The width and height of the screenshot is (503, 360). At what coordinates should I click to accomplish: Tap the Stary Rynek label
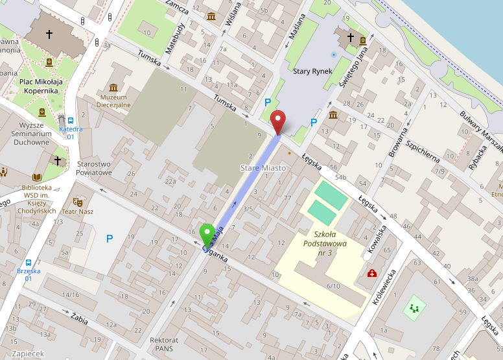coord(312,71)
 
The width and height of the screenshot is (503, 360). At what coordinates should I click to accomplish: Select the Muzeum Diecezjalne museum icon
coord(113,88)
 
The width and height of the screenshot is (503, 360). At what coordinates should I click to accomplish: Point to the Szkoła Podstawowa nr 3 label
coord(329,243)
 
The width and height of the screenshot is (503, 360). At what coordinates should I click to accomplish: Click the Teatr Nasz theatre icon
coord(78,202)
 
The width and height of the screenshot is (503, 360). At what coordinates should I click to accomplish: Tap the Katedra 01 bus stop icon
coord(71,120)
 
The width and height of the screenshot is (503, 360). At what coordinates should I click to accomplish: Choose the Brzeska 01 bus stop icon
coord(29,263)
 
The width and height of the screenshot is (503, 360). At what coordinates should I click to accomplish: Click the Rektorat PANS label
coord(163,344)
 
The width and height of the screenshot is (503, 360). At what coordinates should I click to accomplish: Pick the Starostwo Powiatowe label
coord(95,169)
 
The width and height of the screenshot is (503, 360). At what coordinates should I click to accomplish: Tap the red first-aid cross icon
coord(372,274)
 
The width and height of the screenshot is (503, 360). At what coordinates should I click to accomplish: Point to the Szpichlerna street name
coord(423,150)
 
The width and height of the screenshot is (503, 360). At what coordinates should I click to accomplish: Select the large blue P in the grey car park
coord(109,239)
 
